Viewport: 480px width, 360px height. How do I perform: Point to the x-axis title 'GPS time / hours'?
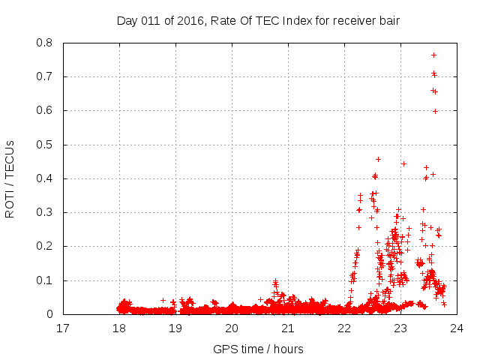click(258, 349)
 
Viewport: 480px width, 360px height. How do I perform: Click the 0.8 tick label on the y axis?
click(44, 43)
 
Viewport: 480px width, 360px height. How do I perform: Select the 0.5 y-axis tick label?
click(44, 145)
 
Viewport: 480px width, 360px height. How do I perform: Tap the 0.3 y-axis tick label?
click(44, 212)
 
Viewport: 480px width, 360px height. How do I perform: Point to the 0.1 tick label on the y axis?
click(44, 280)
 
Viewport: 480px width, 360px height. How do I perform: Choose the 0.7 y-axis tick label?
click(44, 76)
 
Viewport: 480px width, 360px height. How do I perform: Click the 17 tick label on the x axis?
click(63, 328)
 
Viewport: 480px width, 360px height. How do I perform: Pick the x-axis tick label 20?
click(232, 328)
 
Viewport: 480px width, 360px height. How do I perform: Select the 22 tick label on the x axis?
click(344, 328)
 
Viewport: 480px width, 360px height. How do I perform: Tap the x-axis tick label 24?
click(457, 328)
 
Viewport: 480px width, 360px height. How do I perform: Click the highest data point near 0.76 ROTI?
click(433, 55)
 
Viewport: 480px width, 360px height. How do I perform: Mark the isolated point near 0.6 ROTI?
click(435, 111)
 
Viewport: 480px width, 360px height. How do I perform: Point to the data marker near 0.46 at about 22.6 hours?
click(378, 159)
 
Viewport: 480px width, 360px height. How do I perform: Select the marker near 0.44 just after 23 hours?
click(403, 163)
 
